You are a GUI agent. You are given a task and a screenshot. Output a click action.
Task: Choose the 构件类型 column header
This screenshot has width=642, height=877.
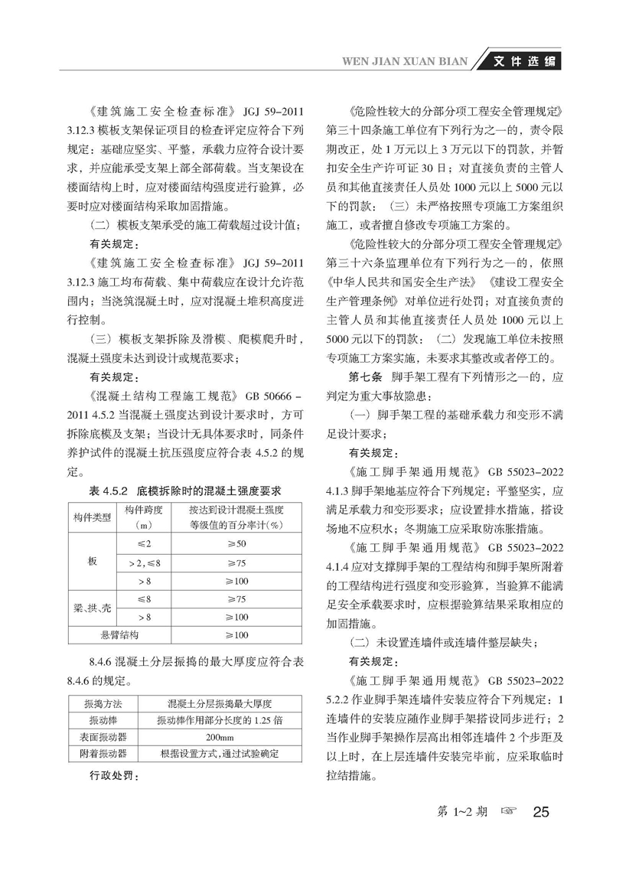point(93,517)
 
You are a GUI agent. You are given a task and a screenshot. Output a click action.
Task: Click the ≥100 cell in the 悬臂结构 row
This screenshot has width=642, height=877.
point(236,635)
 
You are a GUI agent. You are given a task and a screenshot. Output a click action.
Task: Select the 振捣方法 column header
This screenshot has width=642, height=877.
point(98,703)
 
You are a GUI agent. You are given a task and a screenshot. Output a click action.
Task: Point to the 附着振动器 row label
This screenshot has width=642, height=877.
point(98,754)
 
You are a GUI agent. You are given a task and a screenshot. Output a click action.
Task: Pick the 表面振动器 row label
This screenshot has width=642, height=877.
point(98,738)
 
